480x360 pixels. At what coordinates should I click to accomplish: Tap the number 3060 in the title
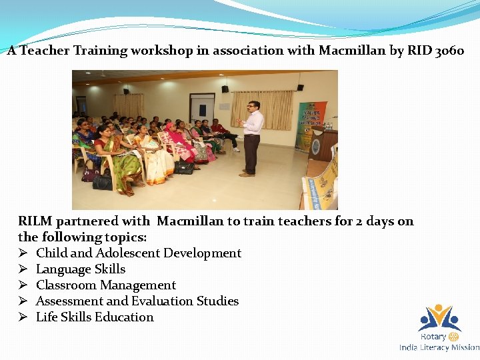click(449, 51)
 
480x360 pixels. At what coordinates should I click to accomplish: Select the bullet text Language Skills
click(80, 269)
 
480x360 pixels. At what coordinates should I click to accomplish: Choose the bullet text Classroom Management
click(105, 285)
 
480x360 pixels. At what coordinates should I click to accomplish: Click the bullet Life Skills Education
click(95, 317)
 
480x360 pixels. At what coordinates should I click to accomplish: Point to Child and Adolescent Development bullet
click(138, 253)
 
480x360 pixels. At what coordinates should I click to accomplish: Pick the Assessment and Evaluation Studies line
click(137, 301)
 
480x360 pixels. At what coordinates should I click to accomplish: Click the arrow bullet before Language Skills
click(23, 269)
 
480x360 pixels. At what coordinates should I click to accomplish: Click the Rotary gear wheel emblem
click(453, 337)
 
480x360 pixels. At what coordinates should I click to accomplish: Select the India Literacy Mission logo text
click(439, 347)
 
